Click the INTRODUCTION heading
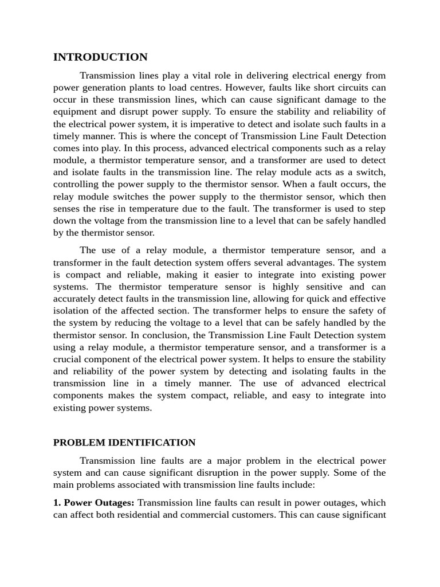click(100, 57)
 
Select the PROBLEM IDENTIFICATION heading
click(124, 443)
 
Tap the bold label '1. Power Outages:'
click(94, 503)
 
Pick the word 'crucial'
click(68, 359)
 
